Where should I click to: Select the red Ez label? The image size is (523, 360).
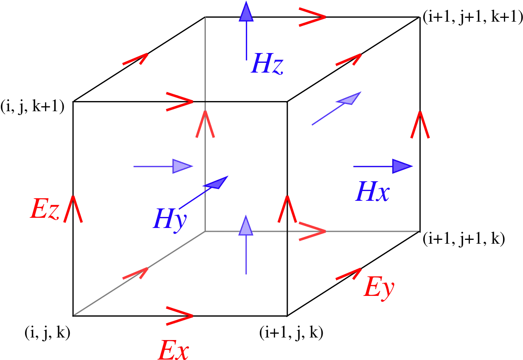point(45,208)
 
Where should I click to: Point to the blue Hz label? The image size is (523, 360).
point(267,63)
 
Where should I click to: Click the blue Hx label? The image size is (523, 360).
point(372,191)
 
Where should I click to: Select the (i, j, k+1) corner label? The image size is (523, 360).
point(32,106)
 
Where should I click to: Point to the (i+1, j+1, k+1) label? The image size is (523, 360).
point(472,17)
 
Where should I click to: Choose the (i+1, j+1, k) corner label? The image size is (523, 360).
point(464,239)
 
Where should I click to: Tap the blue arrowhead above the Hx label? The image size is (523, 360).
point(402,166)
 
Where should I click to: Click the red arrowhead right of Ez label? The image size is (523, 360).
point(73,209)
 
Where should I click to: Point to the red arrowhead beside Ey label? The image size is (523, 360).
point(349,274)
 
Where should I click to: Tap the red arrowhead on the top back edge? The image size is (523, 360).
point(312,17)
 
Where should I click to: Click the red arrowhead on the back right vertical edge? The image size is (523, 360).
point(420,125)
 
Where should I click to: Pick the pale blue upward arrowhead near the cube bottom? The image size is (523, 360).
point(246,225)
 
